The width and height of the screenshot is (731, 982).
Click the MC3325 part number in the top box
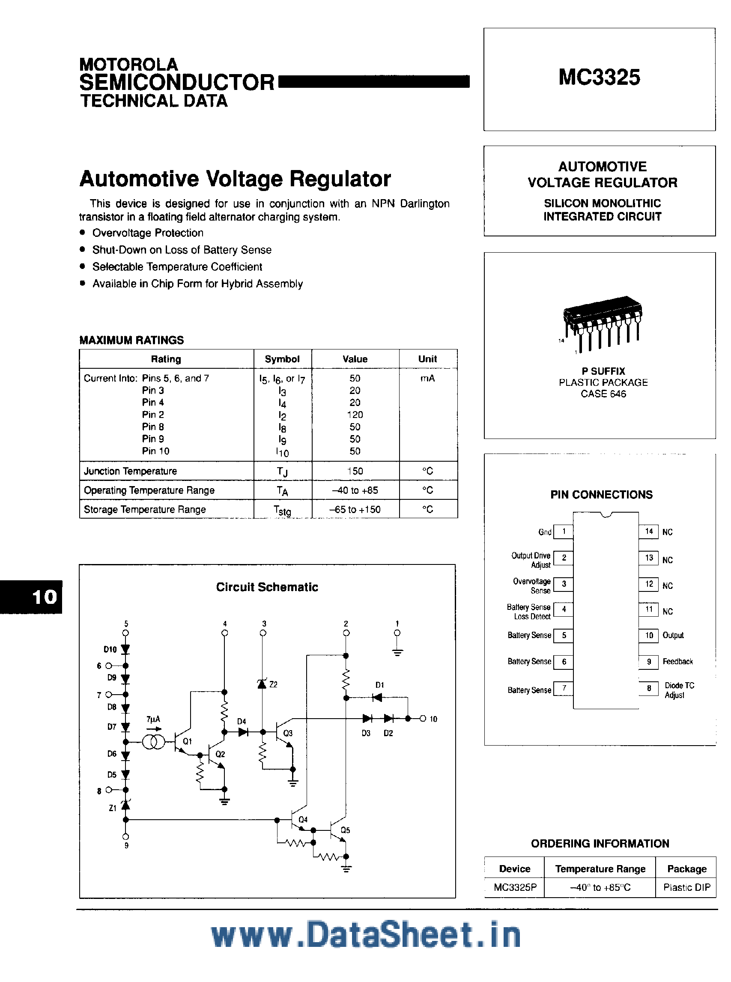click(599, 78)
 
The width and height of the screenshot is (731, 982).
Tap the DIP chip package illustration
click(602, 322)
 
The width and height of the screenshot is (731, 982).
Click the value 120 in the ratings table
click(355, 415)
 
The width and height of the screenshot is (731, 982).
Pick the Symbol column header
click(282, 359)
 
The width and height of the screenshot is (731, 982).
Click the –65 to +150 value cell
click(355, 510)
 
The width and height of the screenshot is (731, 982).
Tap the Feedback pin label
click(677, 662)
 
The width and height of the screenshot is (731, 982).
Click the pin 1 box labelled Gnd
click(563, 531)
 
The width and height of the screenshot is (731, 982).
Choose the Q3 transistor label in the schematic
click(288, 733)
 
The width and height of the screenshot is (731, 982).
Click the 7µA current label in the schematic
click(153, 719)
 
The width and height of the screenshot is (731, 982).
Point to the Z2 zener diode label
click(274, 685)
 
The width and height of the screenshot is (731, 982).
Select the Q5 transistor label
click(345, 830)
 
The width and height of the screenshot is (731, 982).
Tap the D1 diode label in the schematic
click(380, 685)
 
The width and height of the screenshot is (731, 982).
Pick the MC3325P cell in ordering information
click(515, 888)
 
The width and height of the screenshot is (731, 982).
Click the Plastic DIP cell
click(686, 888)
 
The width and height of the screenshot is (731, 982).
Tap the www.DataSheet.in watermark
click(366, 935)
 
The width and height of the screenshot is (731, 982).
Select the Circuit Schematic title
click(267, 587)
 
